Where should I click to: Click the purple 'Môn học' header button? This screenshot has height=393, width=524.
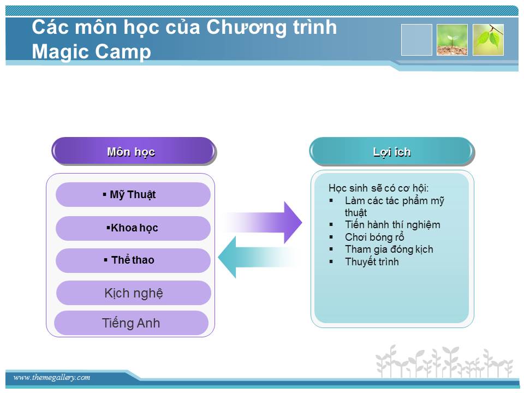coord(134,151)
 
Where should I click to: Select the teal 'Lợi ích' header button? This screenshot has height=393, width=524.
coord(392,151)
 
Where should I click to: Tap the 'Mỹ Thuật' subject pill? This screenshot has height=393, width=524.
coord(133,194)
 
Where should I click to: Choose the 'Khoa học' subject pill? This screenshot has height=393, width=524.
coord(133,228)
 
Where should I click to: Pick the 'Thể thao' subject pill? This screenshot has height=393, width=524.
coord(133,260)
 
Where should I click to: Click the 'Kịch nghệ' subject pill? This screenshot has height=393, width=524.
coord(134,293)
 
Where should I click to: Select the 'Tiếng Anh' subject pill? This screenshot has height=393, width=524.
coord(132,323)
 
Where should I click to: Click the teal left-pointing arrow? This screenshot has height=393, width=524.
coord(257,257)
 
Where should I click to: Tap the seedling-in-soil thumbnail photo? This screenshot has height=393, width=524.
coord(452,40)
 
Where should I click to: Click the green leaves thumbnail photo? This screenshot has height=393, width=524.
coord(488,40)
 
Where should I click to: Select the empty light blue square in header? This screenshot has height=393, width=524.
coord(416,40)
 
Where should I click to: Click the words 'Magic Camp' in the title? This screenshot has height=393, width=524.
coord(91,52)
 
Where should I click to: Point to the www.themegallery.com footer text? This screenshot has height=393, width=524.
coord(52,377)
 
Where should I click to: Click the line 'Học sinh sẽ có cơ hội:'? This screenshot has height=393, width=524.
coord(378,188)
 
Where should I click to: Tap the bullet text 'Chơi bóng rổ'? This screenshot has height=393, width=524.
coord(374,237)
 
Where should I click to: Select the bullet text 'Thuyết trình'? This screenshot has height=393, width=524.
coord(372,261)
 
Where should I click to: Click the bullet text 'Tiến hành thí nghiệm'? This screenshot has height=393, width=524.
coord(392,224)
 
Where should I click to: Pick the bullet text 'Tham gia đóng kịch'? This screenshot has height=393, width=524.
coord(389,249)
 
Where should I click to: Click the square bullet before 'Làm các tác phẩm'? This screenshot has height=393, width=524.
coord(331,201)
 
